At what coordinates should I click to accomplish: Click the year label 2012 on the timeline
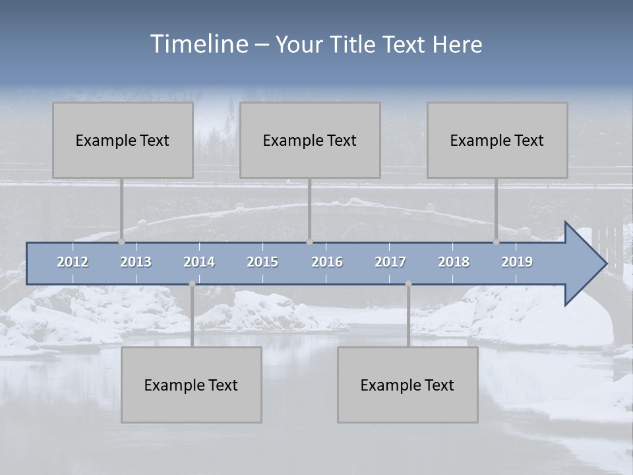[x=73, y=262]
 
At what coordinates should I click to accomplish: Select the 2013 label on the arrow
[x=136, y=262]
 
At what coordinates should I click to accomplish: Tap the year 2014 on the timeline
[x=199, y=262]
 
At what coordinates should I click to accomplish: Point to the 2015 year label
[x=262, y=262]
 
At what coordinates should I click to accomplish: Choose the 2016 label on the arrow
[x=327, y=262]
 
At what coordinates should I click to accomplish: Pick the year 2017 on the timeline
[x=390, y=262]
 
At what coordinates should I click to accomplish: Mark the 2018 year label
[x=454, y=262]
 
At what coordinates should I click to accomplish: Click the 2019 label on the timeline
[x=517, y=262]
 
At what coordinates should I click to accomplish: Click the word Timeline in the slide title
[x=198, y=44]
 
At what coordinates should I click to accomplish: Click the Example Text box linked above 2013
[x=123, y=140]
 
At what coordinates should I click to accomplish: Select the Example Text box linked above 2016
[x=310, y=140]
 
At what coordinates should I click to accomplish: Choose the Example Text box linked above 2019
[x=497, y=140]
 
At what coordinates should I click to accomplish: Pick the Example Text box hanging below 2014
[x=191, y=385]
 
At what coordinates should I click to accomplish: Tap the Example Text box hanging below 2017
[x=407, y=385]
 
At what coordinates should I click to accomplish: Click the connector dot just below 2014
[x=192, y=284]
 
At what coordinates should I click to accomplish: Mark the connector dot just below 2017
[x=408, y=284]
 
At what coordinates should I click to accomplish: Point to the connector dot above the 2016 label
[x=309, y=241]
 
